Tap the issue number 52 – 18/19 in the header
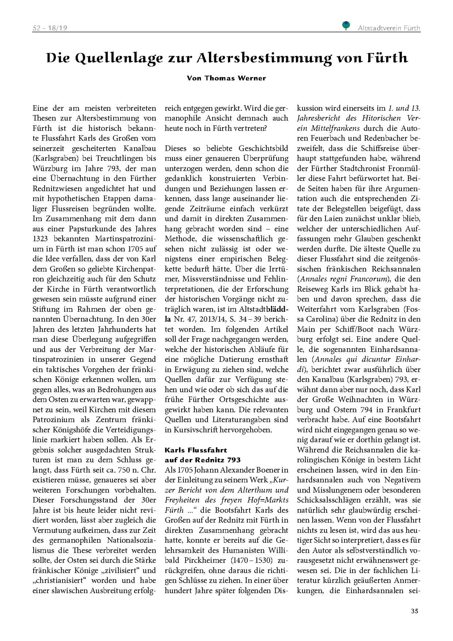click(x=50, y=28)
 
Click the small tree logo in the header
click(x=346, y=25)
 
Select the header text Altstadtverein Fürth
click(x=389, y=28)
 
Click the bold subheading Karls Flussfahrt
click(x=196, y=450)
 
